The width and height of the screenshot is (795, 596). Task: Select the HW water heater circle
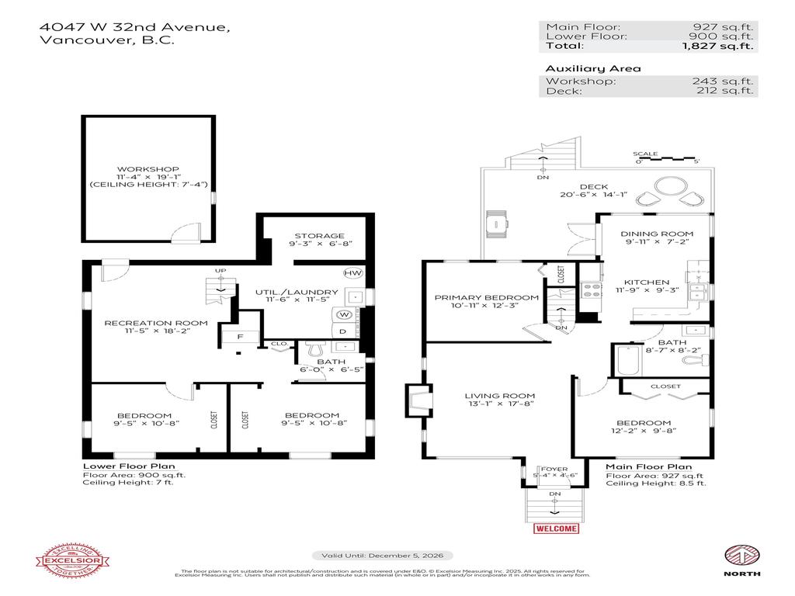coord(352,274)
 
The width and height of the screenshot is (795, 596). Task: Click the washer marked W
coord(342,314)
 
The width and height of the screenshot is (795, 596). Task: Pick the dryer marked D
coord(342,331)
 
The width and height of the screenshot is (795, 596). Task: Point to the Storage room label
coord(318,236)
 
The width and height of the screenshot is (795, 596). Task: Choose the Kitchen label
coord(647,282)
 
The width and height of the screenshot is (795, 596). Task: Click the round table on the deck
coord(668,187)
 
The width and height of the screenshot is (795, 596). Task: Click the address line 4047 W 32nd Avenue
coord(134,28)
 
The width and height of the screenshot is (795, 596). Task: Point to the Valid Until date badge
coord(383,556)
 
